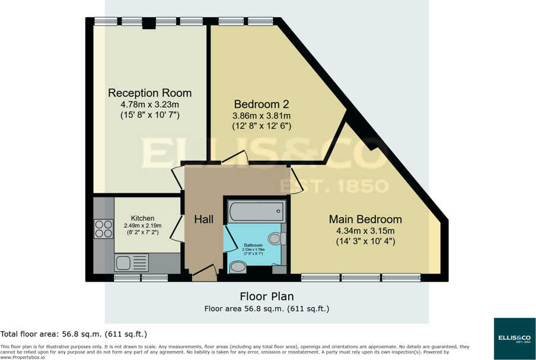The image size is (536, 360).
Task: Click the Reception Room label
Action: point(149,93)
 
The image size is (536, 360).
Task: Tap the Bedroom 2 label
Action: point(261,104)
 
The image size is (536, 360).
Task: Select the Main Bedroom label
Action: point(365,219)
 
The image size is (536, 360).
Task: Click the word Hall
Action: point(203,219)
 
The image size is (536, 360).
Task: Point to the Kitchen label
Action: point(142,218)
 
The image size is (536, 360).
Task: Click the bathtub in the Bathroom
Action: point(256,211)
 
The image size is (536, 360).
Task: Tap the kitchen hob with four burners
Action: point(104,228)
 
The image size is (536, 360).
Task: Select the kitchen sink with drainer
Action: point(132,262)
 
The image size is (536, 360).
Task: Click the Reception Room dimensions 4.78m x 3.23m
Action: point(149,104)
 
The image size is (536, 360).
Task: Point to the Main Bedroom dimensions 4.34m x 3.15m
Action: point(365,231)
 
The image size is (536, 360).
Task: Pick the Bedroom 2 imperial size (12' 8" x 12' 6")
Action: point(261,126)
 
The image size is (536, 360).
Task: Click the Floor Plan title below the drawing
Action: point(266,296)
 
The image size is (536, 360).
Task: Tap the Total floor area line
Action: point(74,334)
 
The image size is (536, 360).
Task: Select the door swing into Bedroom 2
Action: point(235,157)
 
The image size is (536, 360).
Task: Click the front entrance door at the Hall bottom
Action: point(203,273)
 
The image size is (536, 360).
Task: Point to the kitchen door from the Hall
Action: point(176,228)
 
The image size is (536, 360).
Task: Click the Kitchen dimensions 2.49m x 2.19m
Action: point(142,225)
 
